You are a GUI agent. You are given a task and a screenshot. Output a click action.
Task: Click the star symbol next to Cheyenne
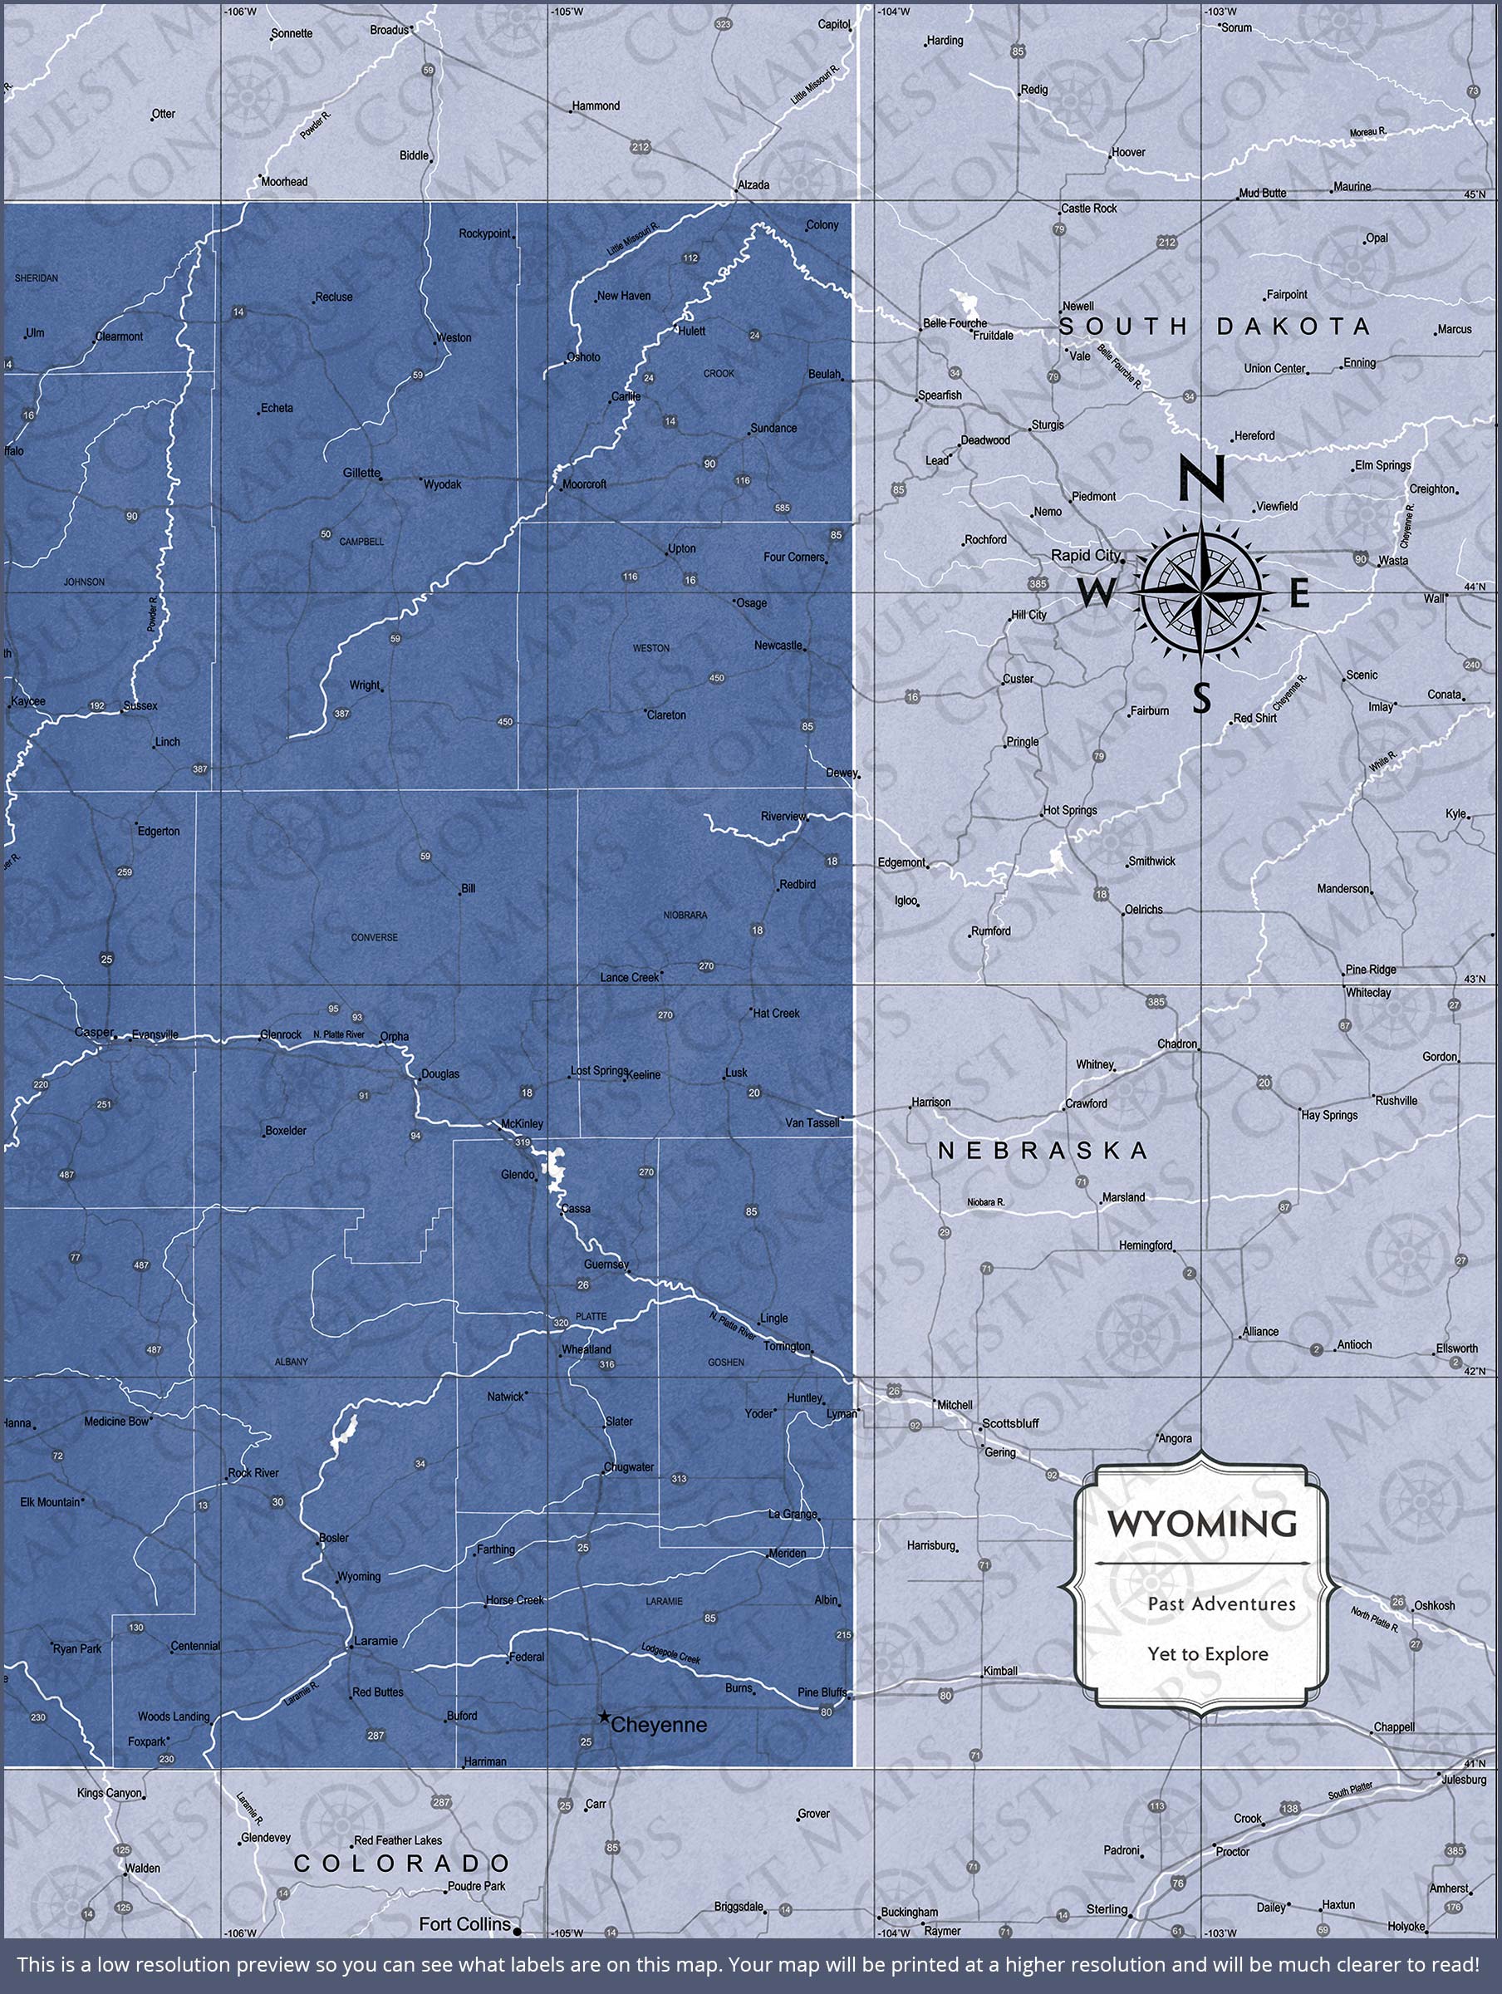601,1717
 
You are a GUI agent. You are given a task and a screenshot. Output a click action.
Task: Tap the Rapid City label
1087,555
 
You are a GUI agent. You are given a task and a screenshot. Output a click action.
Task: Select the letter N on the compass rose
1202,476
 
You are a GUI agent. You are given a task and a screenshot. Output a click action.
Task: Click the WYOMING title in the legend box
1202,1524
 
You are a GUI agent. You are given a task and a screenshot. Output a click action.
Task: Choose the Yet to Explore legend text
1207,1654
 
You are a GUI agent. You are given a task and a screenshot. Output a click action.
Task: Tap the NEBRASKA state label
1043,1150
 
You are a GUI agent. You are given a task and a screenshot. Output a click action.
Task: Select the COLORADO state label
403,1864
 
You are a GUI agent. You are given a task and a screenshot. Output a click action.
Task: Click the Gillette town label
361,473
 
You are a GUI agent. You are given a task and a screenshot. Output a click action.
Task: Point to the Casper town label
94,1032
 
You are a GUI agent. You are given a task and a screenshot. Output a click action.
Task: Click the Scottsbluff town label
1009,1423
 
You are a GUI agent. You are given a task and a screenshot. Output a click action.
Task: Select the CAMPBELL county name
361,542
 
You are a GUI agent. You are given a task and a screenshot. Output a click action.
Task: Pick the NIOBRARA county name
685,915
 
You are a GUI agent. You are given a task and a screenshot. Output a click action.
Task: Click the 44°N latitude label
1475,587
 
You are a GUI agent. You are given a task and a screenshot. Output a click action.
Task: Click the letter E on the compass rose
1298,594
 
